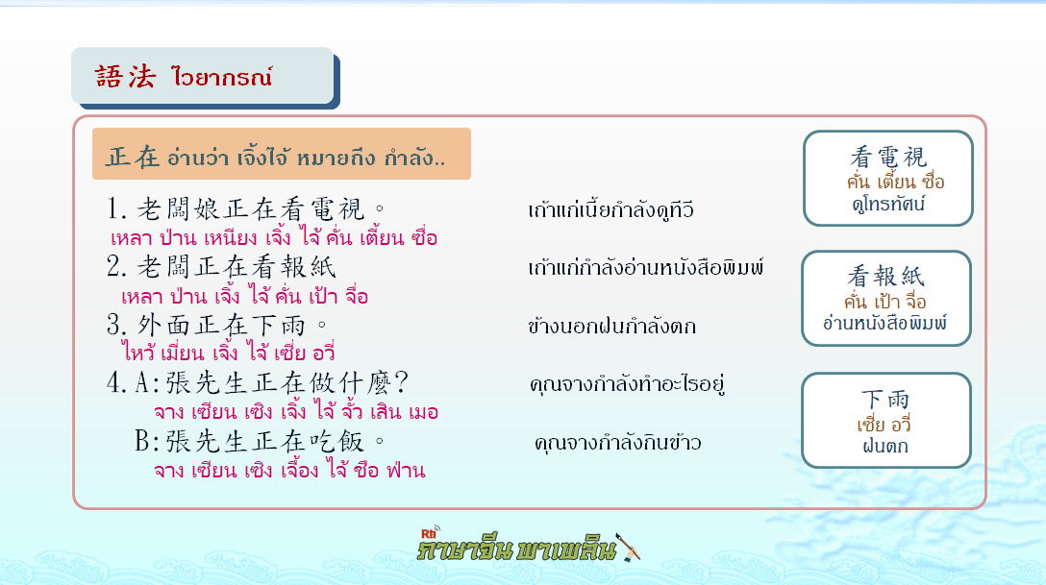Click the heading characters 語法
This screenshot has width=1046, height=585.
point(125,77)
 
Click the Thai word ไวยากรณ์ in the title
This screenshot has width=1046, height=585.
point(221,77)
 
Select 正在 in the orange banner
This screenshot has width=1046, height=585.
point(133,158)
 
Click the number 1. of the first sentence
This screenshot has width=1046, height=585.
point(116,209)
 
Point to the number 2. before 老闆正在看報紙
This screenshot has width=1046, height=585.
point(116,266)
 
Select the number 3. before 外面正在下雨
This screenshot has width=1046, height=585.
point(116,325)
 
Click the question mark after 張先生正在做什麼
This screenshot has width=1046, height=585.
point(401,382)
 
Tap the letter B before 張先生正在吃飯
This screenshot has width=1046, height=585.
point(142,441)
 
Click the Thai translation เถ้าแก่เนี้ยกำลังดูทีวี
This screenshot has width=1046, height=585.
point(611,209)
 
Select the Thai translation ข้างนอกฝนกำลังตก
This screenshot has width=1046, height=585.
point(611,326)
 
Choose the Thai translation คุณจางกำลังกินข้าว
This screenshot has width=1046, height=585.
point(618,443)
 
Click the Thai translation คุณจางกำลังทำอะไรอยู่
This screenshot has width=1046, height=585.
point(627,384)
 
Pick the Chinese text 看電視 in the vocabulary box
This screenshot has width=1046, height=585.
point(888,158)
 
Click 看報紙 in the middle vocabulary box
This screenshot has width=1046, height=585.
point(885,276)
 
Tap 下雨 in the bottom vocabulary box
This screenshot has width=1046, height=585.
point(885,399)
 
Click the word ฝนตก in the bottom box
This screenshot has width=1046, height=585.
point(885,446)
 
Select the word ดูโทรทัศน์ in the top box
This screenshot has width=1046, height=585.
point(888,204)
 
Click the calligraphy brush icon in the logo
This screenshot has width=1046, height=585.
point(628,547)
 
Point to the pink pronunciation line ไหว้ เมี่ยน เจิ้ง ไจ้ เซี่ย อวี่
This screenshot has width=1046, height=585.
point(228,351)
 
